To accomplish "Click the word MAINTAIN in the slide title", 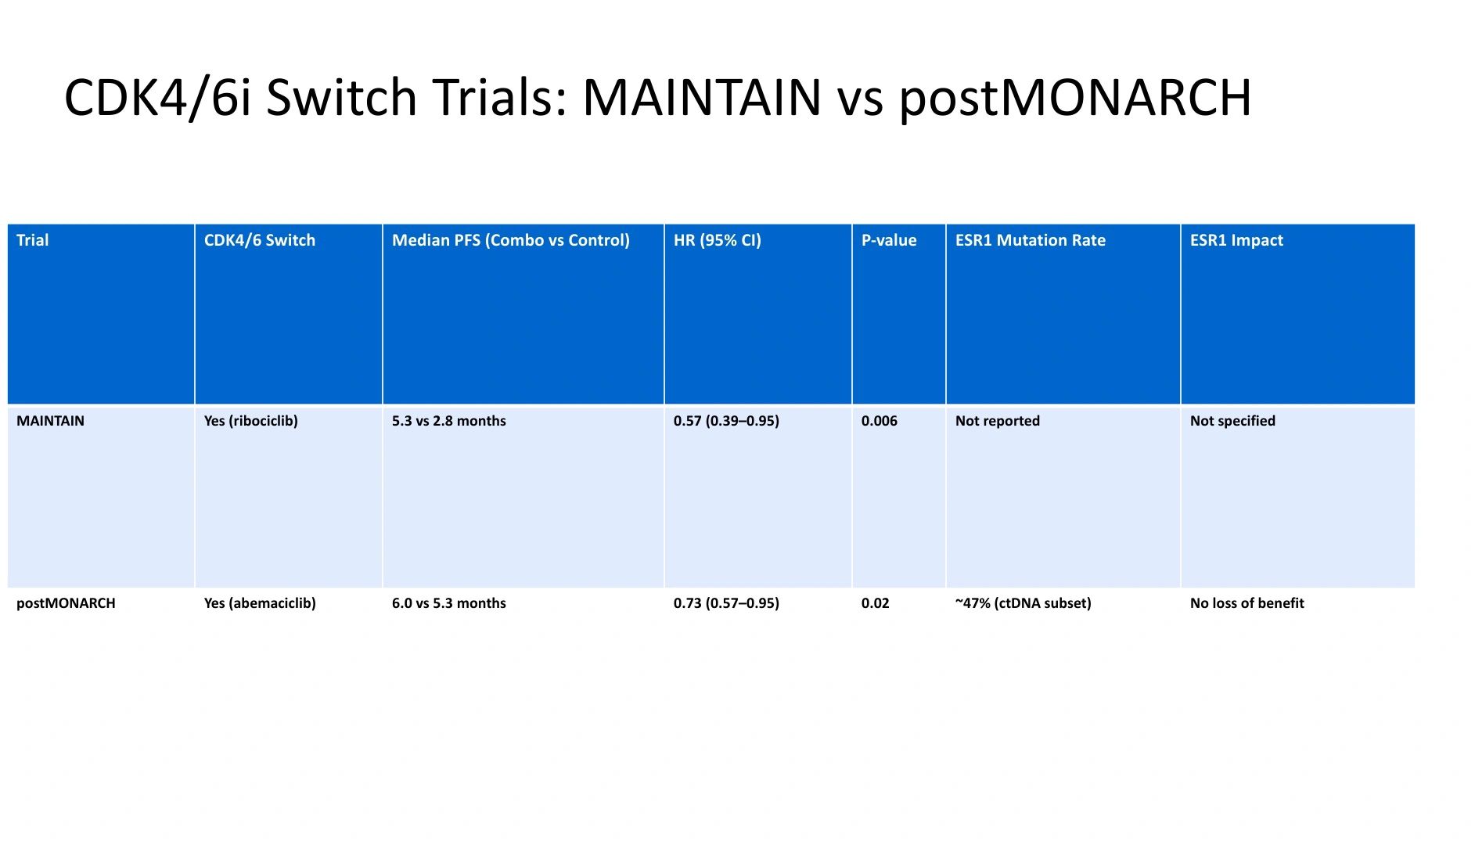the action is coord(702,97).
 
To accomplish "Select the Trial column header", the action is coord(32,240).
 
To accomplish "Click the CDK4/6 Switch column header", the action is coord(260,240).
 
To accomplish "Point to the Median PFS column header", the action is coord(511,240).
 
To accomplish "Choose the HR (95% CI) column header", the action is coord(718,240).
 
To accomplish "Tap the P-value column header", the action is coord(889,240).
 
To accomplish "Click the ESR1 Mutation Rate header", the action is coord(1031,240).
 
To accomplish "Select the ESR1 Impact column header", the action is coord(1236,240).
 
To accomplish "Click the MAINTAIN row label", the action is coord(50,421).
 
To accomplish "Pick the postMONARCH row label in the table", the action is coord(66,603).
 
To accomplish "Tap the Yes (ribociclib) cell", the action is coord(251,421).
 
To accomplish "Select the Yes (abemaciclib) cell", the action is coord(260,603).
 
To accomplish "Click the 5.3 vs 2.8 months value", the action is coord(449,421).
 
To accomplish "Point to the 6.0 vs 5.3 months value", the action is coord(449,603).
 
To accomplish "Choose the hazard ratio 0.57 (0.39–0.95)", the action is coord(726,421).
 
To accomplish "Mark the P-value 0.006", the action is coord(880,421).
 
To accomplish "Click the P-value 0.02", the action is coord(876,603).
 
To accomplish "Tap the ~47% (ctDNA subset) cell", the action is coord(1024,603).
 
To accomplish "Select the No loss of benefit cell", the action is coord(1247,603).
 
